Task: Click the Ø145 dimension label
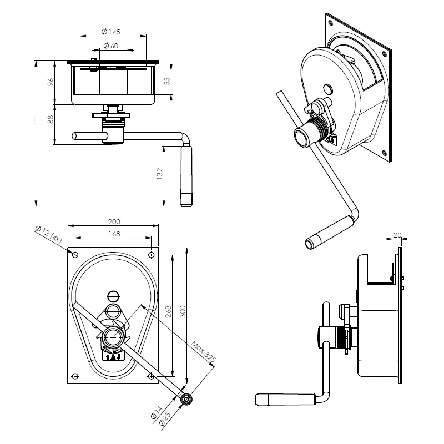point(110,32)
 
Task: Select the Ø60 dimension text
point(110,46)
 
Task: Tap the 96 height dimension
point(51,82)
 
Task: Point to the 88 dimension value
point(51,119)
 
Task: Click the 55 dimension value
point(168,81)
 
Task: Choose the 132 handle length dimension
point(159,174)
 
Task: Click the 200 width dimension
point(114,221)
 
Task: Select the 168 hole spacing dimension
point(114,234)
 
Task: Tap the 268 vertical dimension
point(169,311)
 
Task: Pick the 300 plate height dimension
point(183,311)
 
